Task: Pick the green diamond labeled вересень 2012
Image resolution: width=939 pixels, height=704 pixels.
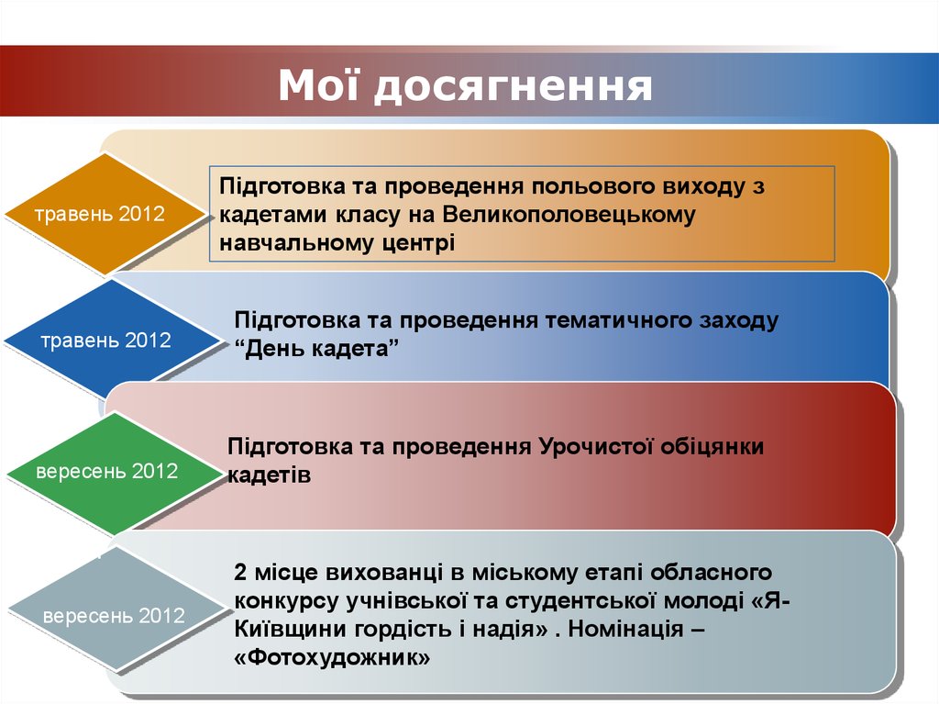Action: tap(106, 472)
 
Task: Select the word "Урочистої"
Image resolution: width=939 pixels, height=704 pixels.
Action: tap(581, 447)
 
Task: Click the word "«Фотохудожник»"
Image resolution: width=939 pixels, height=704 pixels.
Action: tap(332, 658)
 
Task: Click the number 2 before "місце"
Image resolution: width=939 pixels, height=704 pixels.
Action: tap(241, 573)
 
